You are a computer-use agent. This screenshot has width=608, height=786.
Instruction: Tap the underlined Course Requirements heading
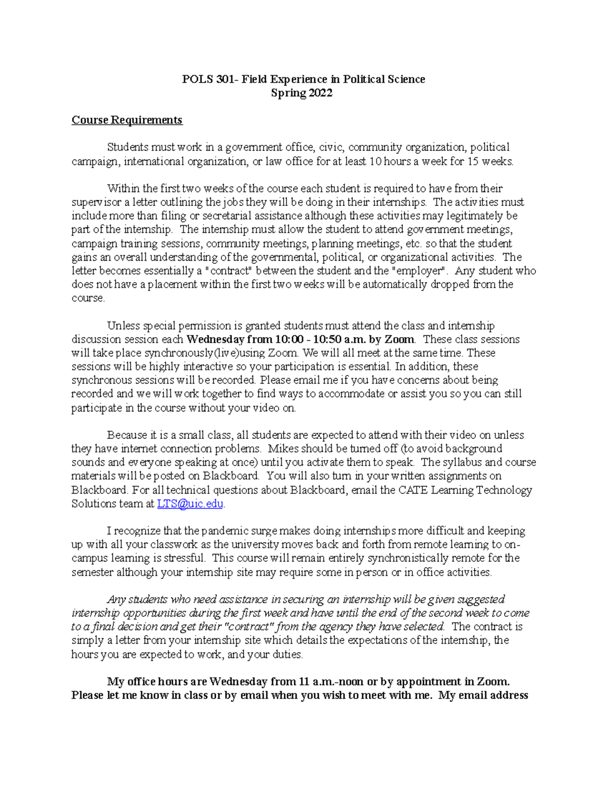pos(127,120)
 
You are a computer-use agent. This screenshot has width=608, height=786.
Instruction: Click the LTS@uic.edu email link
pos(190,504)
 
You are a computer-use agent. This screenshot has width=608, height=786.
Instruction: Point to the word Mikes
pos(281,448)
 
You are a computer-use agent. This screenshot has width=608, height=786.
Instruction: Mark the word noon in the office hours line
pos(351,682)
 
